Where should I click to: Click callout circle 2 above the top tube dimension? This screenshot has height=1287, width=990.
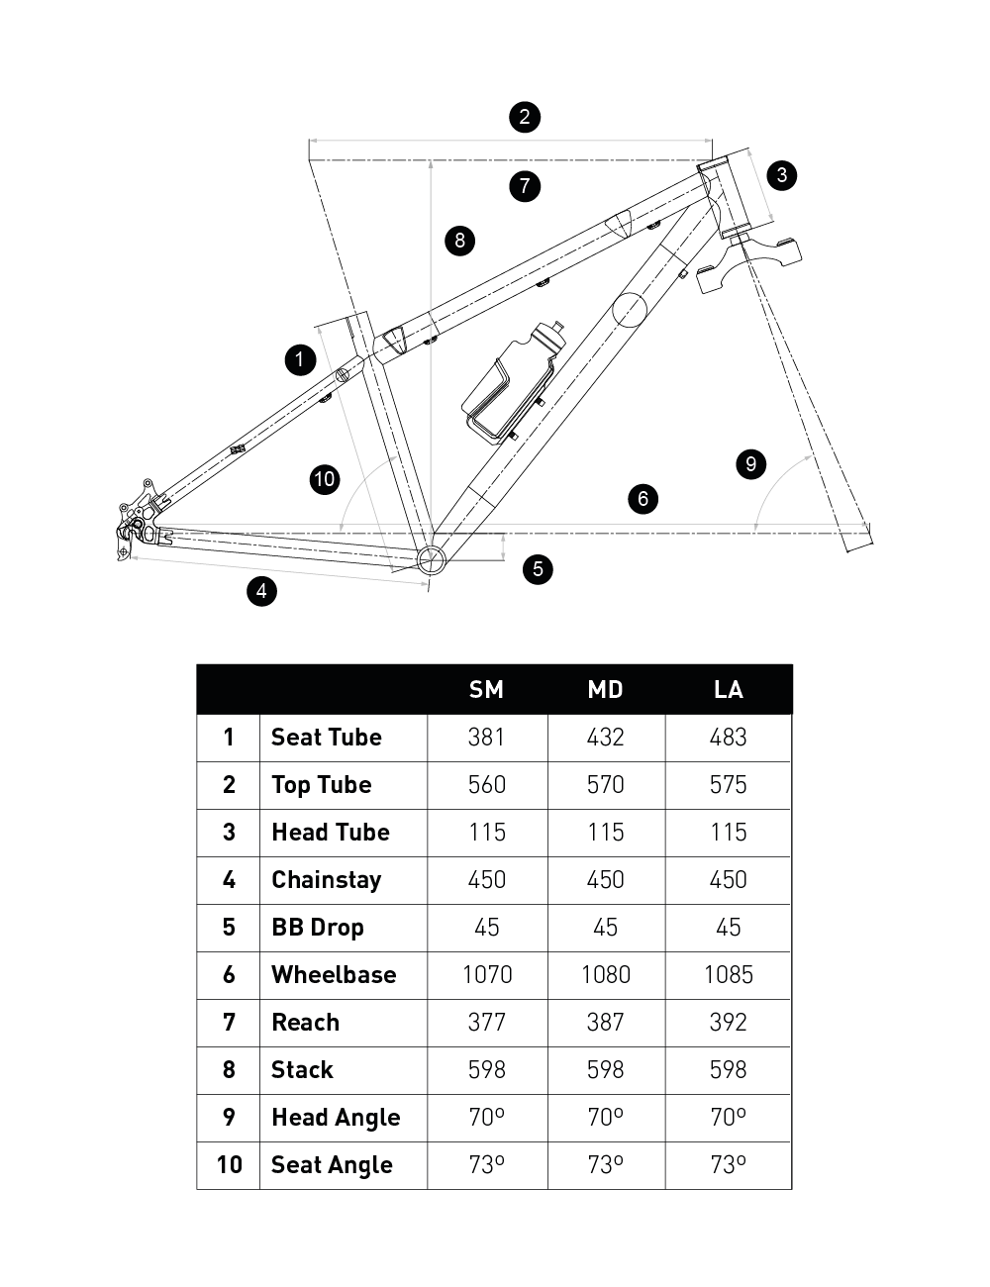525,117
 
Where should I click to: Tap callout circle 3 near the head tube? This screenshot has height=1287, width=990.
782,175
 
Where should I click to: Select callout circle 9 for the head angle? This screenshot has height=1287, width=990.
750,463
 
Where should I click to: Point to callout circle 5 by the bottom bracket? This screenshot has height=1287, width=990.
538,568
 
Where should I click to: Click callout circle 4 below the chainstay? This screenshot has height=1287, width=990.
261,591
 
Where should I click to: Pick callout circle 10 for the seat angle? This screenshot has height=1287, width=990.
325,480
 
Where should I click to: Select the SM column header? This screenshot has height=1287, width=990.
486,690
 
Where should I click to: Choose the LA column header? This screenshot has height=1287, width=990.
728,690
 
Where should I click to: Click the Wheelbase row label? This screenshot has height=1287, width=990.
334,975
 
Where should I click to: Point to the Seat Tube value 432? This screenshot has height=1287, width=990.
605,738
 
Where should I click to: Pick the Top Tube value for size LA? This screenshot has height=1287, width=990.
728,785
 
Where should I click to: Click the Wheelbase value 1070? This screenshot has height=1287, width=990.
486,975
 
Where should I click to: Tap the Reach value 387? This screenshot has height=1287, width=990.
605,1023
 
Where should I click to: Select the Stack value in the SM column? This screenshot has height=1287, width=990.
486,1070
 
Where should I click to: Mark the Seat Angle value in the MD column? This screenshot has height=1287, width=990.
605,1165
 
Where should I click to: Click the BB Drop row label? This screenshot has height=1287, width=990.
317,928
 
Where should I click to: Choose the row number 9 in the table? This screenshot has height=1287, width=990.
229,1118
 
